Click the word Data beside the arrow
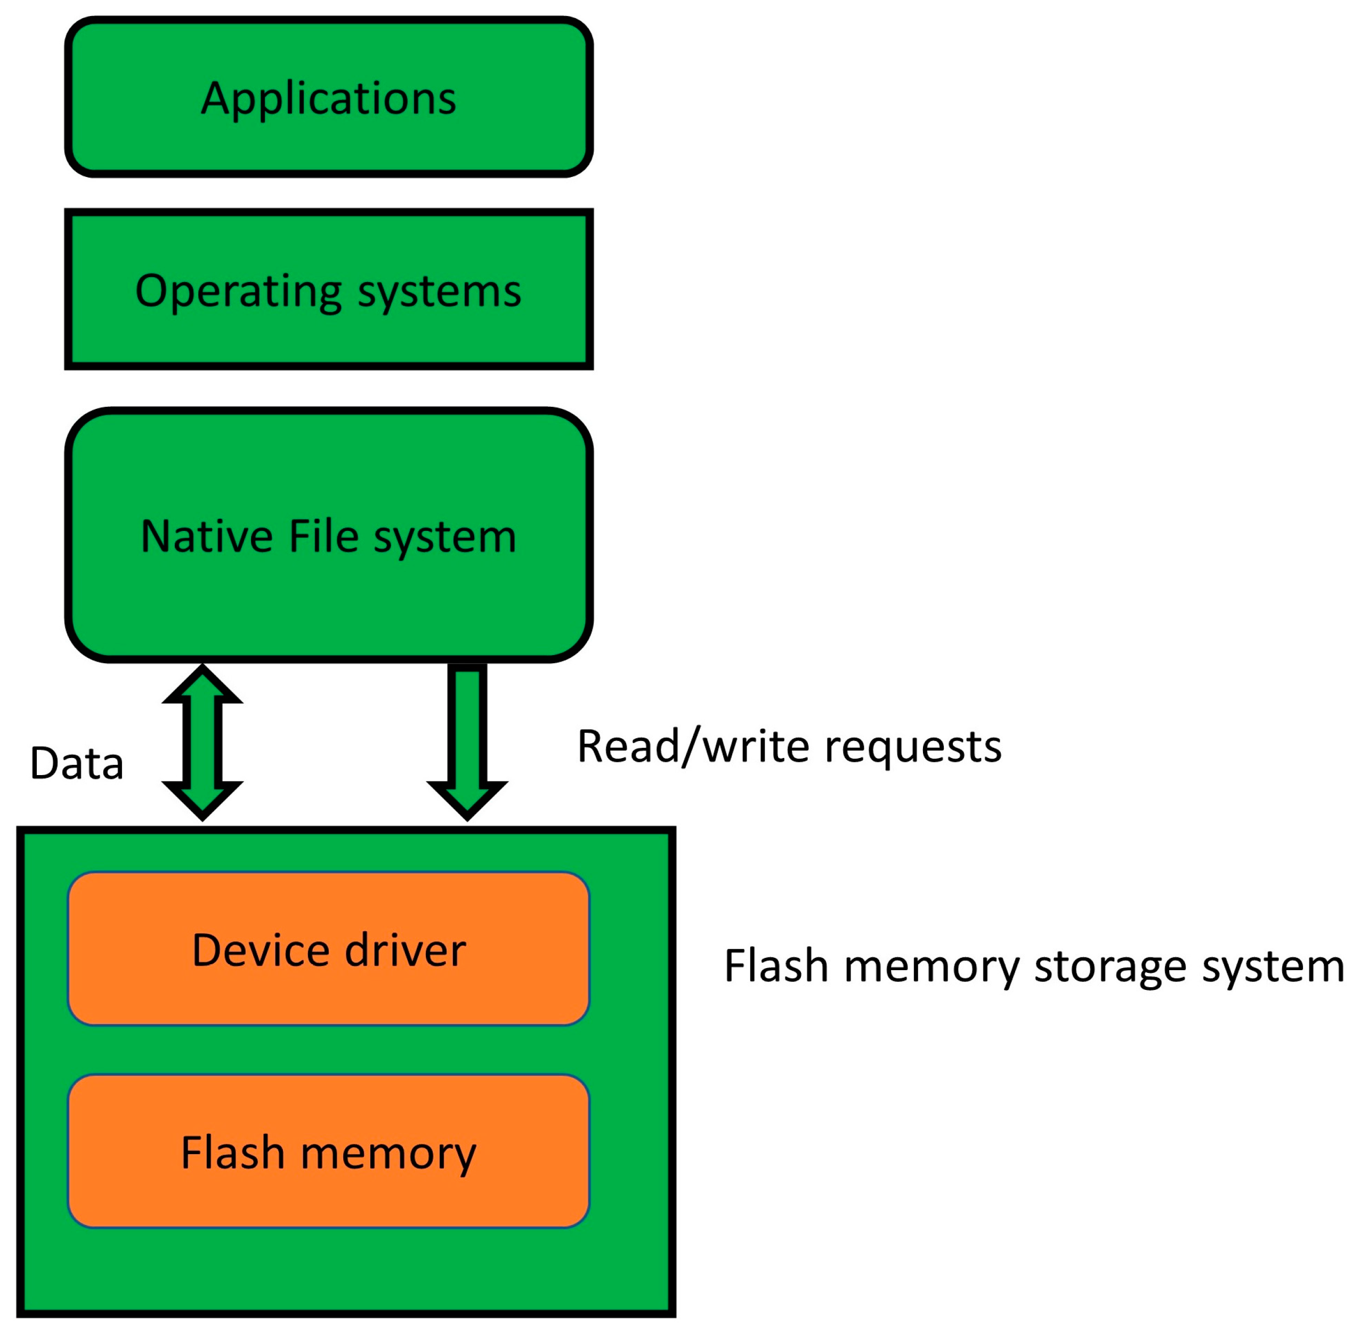(77, 763)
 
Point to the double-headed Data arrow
(202, 742)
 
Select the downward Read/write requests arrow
(467, 736)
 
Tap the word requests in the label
(913, 747)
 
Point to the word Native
(207, 537)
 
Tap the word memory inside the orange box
(388, 1154)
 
